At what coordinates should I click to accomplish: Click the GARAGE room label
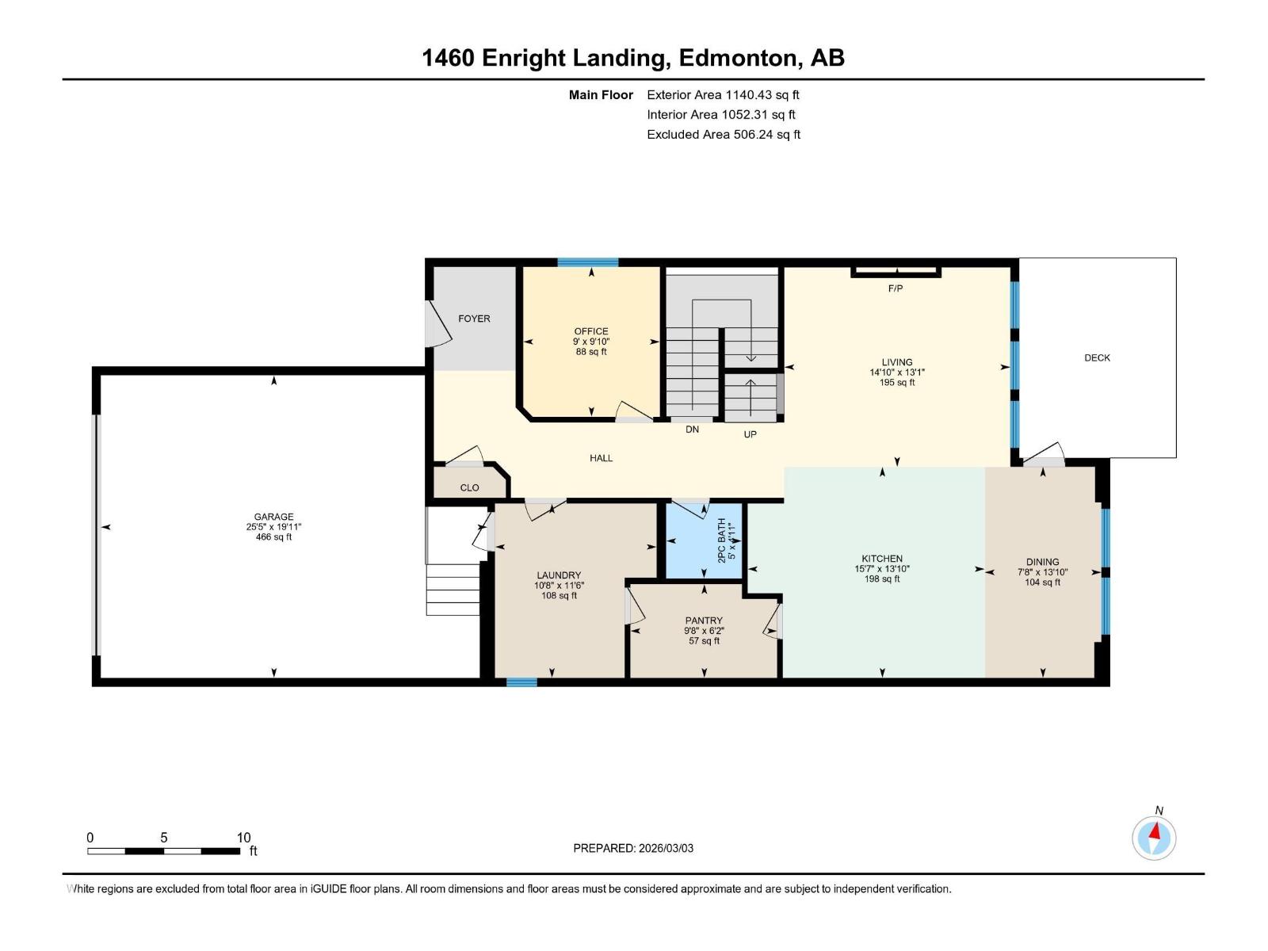pos(273,517)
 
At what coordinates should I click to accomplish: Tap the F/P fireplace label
pos(895,288)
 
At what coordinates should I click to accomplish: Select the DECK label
pos(1097,358)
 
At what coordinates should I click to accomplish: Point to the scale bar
pos(163,851)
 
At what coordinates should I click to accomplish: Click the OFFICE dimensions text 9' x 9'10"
pos(591,342)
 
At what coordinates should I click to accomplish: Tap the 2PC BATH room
pos(704,540)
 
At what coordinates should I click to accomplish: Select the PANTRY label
pos(704,621)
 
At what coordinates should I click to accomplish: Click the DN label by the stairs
pos(692,430)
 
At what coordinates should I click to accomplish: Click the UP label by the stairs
pos(750,434)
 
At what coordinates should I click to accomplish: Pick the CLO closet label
pos(469,488)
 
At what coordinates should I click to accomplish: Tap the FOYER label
pos(474,319)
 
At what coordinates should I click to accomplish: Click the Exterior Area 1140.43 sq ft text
pos(723,95)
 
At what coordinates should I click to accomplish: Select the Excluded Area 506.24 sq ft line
pos(723,135)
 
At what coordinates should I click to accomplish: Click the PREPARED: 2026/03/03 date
pos(633,848)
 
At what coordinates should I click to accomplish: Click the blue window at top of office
pos(587,262)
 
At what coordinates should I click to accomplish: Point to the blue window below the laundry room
pos(521,682)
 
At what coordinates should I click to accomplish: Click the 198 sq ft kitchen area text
pos(881,579)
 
